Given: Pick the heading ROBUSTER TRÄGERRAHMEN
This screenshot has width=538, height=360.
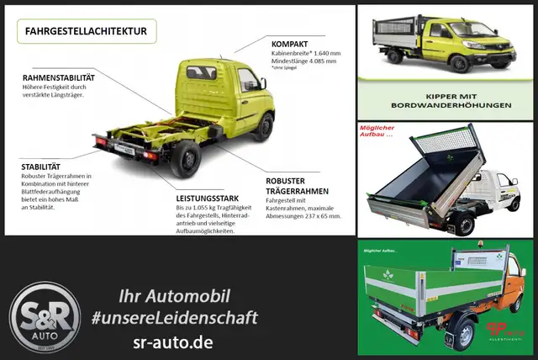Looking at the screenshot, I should click(x=295, y=187).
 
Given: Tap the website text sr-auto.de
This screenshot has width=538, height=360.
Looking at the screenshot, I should click(x=182, y=343).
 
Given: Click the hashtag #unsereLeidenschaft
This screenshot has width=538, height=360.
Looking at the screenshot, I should click(x=182, y=318).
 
